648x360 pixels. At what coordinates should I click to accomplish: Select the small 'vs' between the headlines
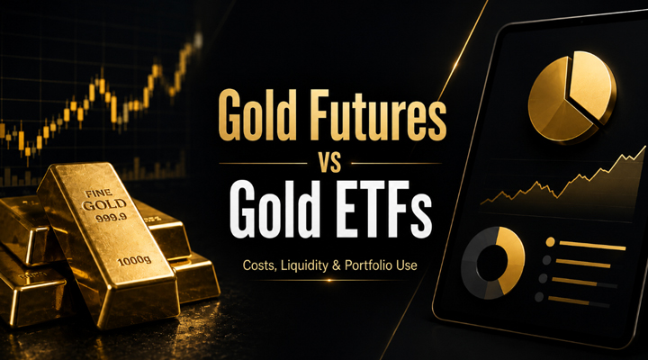[329, 163]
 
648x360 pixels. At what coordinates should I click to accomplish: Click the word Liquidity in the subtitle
[304, 265]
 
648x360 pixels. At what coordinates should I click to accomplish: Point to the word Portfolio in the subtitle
[367, 265]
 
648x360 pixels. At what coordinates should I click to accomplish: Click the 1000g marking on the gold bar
[134, 261]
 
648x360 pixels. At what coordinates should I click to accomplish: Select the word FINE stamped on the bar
[98, 193]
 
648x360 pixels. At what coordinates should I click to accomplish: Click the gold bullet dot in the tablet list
[550, 242]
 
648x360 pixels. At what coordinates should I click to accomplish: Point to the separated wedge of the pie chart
[592, 85]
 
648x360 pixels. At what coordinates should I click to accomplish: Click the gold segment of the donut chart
[512, 258]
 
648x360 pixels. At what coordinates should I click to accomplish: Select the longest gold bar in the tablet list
[592, 246]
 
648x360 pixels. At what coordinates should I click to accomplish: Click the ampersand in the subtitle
[337, 265]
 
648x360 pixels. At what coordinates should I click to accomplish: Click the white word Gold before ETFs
[270, 209]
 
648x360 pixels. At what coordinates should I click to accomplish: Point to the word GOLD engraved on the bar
[104, 204]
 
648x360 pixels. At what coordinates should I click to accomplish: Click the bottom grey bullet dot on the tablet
[539, 297]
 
